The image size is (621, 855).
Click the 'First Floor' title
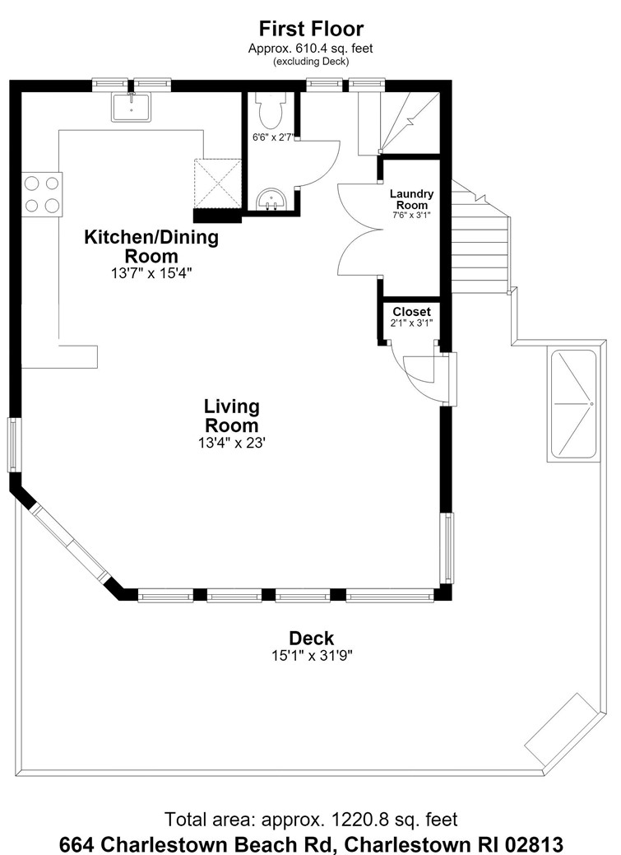point(311,28)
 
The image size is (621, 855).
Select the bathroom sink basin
point(271,199)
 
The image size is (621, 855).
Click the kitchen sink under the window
point(132,107)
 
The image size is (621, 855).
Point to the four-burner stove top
point(42,193)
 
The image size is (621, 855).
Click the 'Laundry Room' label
point(411,199)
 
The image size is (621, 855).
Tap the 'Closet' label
point(411,311)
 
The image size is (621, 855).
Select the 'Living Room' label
point(232,416)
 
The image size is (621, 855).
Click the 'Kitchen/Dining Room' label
point(151,246)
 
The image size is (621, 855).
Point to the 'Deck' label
point(311,638)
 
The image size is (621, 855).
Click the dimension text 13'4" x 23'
point(232,443)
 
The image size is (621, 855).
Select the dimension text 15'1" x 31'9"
point(313,655)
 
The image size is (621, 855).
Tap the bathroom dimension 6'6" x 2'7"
point(274,137)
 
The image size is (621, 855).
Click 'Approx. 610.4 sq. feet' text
point(311,49)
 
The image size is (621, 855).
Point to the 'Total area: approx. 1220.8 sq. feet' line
point(311,819)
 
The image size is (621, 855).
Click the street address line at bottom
point(311,843)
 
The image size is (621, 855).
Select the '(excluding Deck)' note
point(311,61)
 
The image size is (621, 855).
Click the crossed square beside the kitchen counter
point(218,184)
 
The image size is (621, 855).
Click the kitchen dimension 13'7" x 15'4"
point(151,272)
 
